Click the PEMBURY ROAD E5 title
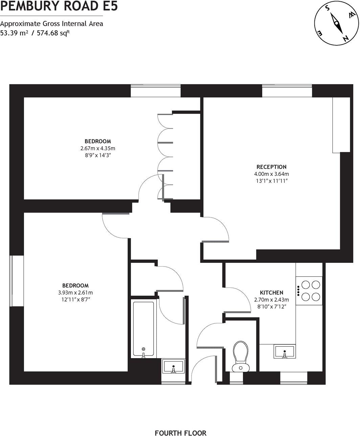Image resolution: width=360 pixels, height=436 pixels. pyautogui.click(x=59, y=6)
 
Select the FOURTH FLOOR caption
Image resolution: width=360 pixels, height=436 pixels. pyautogui.click(x=180, y=423)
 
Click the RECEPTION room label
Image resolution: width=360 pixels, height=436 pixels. pyautogui.click(x=271, y=167)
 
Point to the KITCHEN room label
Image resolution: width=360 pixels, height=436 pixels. pyautogui.click(x=271, y=293)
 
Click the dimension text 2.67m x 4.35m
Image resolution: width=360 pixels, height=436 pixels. pyautogui.click(x=98, y=148)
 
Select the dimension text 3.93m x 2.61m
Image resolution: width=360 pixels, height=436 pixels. pyautogui.click(x=75, y=293)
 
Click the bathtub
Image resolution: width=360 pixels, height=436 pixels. pyautogui.click(x=144, y=329)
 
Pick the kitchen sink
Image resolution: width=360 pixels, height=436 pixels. pyautogui.click(x=285, y=352)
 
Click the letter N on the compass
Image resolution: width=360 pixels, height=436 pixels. pyautogui.click(x=345, y=39)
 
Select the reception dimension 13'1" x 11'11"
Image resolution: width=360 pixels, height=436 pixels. pyautogui.click(x=271, y=181)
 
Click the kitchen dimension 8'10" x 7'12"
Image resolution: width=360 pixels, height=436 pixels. pyautogui.click(x=271, y=307)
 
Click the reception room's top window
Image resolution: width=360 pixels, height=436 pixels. pyautogui.click(x=287, y=91)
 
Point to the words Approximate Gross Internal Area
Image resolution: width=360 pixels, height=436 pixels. pyautogui.click(x=51, y=24)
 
